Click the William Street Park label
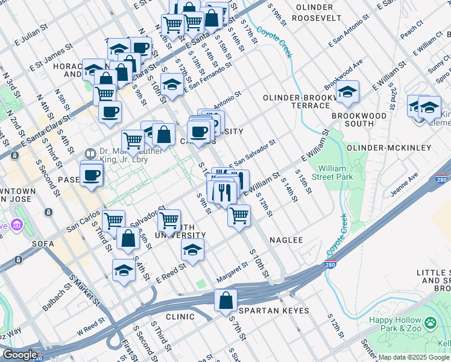[x=335, y=173]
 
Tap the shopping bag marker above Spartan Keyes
[x=225, y=300]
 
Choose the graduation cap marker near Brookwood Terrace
[x=347, y=92]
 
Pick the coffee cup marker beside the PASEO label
[x=92, y=176]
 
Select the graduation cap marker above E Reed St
[x=192, y=250]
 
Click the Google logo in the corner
[x=19, y=355]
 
